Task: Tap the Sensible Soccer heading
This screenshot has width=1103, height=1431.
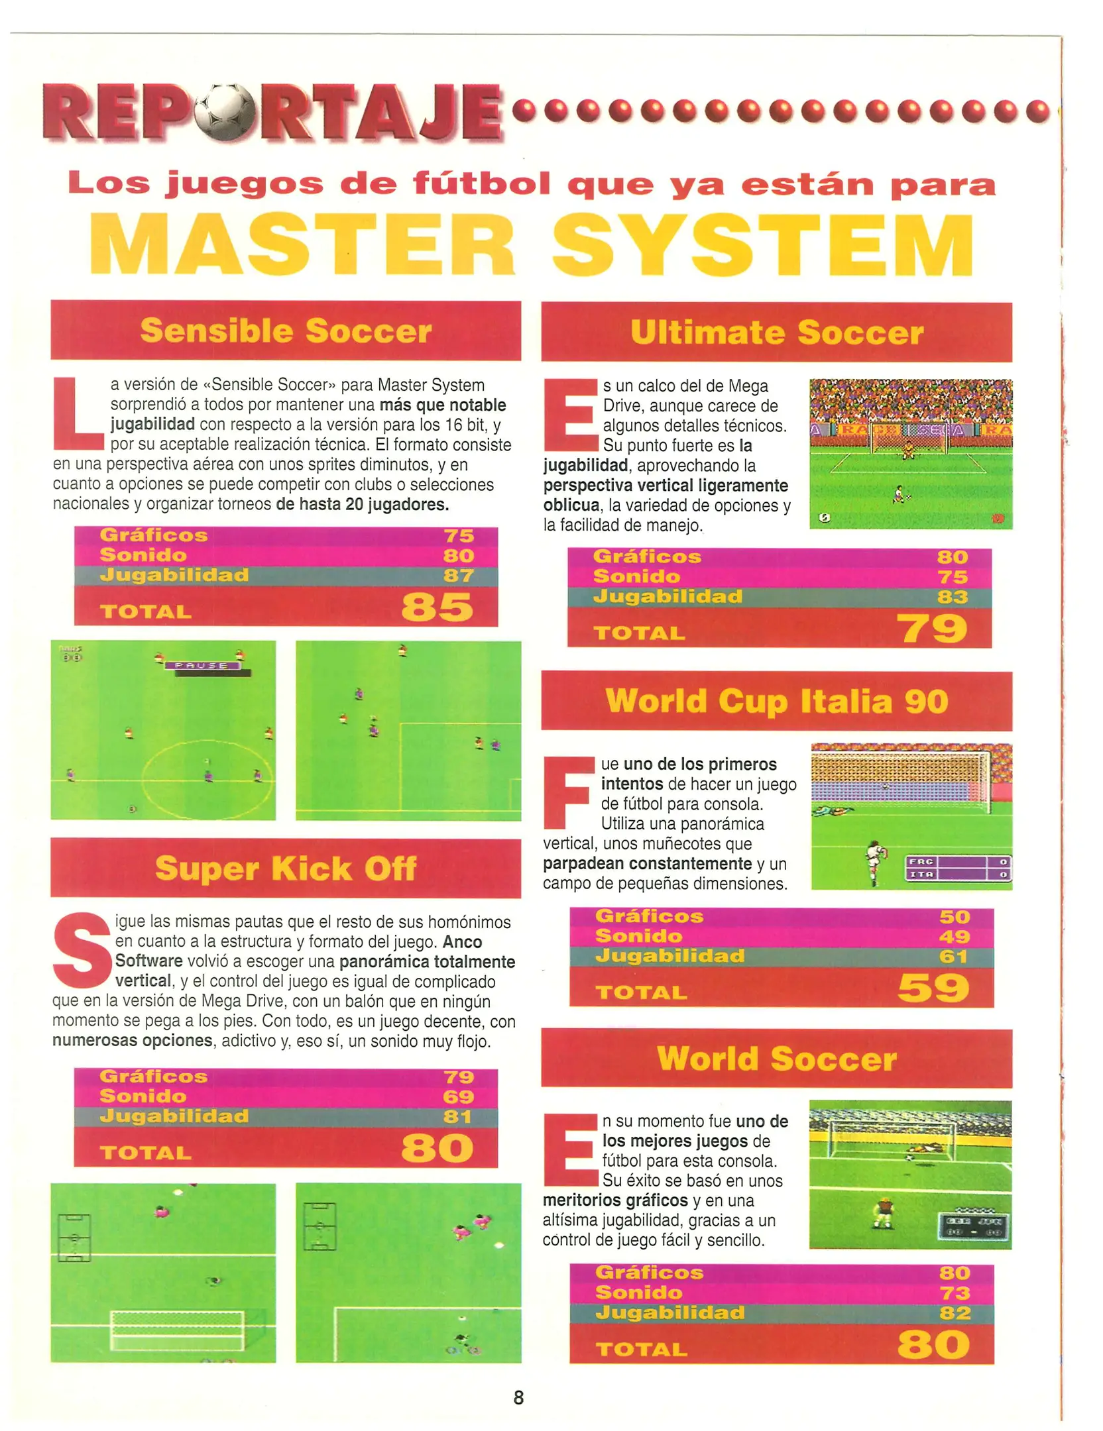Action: [x=286, y=330]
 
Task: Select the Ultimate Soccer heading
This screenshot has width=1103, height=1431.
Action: [x=776, y=332]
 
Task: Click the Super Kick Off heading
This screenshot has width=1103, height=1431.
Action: [x=286, y=867]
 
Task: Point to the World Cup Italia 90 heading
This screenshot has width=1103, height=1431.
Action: [x=776, y=701]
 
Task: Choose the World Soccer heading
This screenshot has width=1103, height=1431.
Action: [x=776, y=1058]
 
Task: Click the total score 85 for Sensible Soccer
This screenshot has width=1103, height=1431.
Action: [x=437, y=606]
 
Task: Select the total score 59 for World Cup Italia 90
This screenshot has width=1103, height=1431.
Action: [x=933, y=987]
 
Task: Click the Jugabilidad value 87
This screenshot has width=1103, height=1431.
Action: [x=459, y=575]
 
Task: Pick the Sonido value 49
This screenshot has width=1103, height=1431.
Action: [x=955, y=936]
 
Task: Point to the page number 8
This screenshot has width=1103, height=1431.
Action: [x=518, y=1397]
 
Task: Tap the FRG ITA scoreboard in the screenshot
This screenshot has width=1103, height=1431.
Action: [x=958, y=867]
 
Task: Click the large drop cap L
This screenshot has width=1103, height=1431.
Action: [x=78, y=413]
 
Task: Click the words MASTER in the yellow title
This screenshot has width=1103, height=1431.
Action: [x=304, y=244]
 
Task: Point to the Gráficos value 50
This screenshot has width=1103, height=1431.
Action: [x=955, y=916]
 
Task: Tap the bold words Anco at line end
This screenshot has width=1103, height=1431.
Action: [x=462, y=941]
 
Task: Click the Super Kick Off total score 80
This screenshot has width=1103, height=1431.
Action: [x=437, y=1147]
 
